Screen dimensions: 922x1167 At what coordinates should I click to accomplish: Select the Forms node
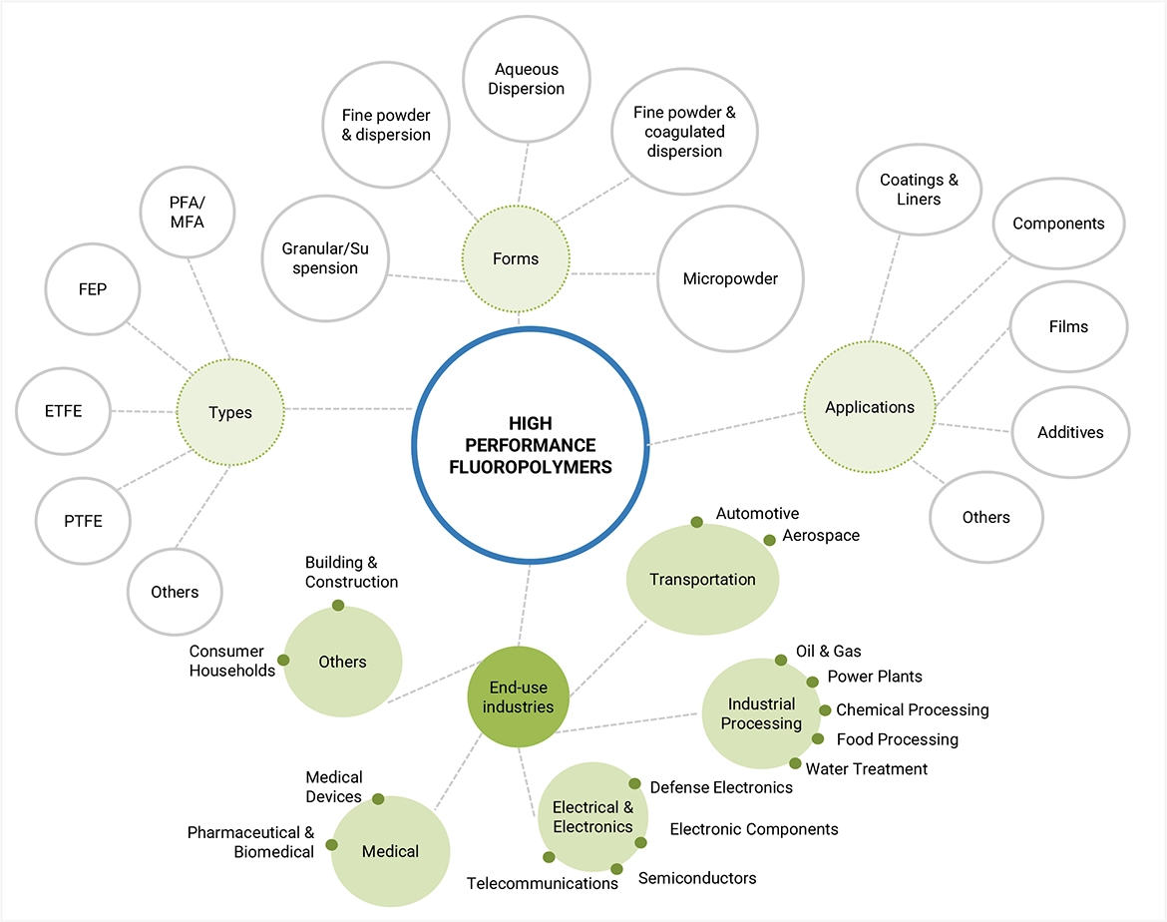click(x=516, y=259)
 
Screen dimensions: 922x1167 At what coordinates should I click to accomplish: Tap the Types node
click(x=229, y=412)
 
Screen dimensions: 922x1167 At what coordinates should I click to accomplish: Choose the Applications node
click(x=870, y=407)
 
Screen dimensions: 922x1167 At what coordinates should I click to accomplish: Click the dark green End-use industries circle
click(x=519, y=696)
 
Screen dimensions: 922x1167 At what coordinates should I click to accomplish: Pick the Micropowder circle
click(x=730, y=278)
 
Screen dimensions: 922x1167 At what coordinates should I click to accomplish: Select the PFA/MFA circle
click(x=187, y=213)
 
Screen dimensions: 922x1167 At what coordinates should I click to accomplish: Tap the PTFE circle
click(x=84, y=521)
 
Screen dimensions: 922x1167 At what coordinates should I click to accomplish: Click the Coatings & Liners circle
click(x=919, y=190)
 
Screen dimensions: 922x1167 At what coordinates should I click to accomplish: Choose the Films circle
click(x=1068, y=326)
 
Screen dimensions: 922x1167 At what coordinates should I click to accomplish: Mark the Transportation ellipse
click(x=702, y=580)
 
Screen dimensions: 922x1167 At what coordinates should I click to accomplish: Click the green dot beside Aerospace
click(x=769, y=540)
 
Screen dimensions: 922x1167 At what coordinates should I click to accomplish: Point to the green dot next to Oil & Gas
click(x=781, y=660)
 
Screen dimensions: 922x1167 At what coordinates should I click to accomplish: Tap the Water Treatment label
click(x=867, y=768)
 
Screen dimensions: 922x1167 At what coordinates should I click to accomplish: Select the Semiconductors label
click(x=697, y=878)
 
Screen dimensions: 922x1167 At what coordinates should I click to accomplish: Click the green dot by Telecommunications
click(x=549, y=857)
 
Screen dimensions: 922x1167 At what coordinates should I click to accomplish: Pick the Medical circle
click(x=390, y=851)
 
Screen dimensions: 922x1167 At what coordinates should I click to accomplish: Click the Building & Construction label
click(x=351, y=572)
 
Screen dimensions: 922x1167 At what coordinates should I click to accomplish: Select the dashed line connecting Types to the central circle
click(x=349, y=410)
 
